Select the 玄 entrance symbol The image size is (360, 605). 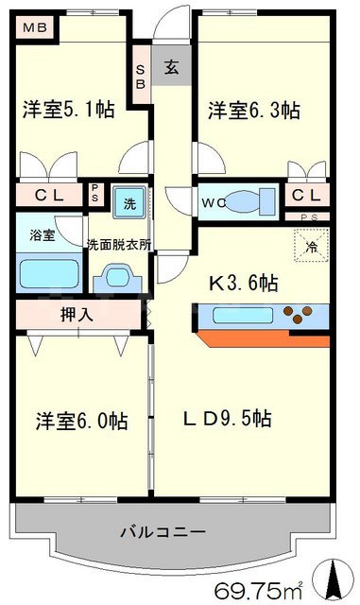pos(172,67)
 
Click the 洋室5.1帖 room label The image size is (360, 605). pos(69,111)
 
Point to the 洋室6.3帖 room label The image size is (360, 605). pos(254,111)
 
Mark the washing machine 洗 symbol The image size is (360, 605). pos(127,202)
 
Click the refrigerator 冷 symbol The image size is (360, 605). pos(312,247)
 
